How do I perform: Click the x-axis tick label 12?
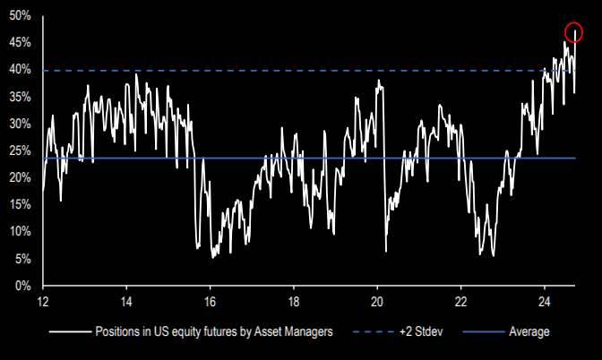point(42,302)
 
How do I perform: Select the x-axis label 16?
point(210,302)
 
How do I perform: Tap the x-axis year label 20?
point(377,302)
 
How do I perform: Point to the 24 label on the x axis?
point(545,302)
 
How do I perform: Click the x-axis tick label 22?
point(461,302)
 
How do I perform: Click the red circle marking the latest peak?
point(572,34)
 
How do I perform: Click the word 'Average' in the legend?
point(529,331)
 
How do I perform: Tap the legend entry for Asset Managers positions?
point(214,331)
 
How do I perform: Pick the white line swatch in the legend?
point(68,331)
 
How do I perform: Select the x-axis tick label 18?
point(294,302)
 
